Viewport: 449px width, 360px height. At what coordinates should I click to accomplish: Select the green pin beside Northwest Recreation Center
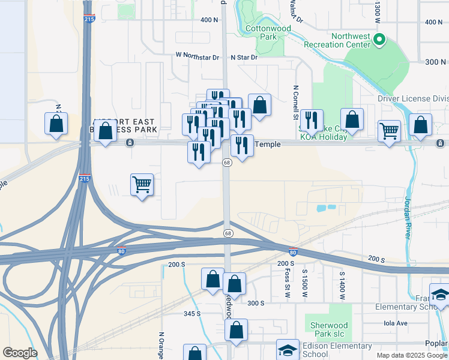point(379,41)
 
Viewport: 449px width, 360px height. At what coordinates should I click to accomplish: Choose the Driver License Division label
point(413,99)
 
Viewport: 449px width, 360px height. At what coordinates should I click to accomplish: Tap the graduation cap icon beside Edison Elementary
point(288,350)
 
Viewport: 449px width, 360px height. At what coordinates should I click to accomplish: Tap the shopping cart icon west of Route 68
point(142,185)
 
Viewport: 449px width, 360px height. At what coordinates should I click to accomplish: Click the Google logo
point(19,353)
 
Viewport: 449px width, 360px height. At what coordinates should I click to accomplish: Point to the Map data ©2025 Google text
point(411,355)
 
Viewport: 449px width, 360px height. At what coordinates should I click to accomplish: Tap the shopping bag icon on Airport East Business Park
point(106,131)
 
